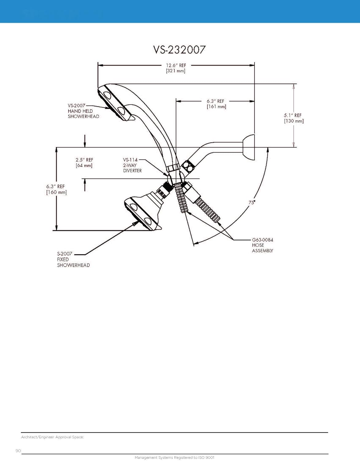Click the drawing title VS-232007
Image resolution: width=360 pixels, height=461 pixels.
point(179,50)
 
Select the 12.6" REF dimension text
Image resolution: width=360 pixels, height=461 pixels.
point(176,65)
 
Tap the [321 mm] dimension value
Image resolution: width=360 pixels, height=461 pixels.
point(176,71)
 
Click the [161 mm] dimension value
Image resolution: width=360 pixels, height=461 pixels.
point(216,107)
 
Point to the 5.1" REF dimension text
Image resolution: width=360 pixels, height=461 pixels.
point(293,116)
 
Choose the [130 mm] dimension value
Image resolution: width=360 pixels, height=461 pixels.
point(294,121)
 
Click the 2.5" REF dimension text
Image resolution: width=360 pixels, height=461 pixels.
point(84,160)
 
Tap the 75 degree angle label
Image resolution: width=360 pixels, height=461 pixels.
point(251,203)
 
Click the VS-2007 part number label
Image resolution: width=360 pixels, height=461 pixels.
point(76,105)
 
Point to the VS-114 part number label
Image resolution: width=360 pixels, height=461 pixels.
point(130,160)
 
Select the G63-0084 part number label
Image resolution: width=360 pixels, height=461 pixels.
point(263,240)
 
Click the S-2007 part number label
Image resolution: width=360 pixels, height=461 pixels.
point(65,254)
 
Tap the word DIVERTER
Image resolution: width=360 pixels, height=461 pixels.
point(133,171)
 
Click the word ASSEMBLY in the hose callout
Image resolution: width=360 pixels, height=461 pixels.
point(263,251)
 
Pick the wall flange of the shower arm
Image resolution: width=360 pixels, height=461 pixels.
point(249,147)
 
